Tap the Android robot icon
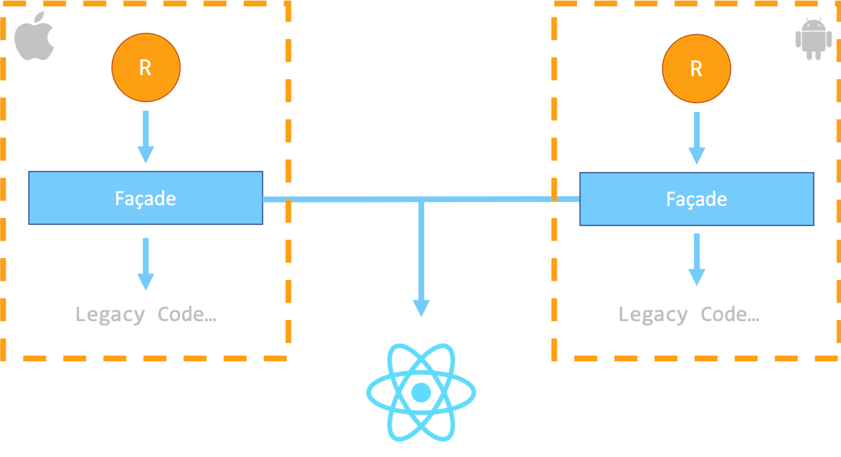point(814,39)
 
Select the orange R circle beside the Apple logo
point(146,68)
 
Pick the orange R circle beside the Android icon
point(696,69)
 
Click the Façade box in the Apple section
point(146,198)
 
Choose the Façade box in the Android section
point(696,199)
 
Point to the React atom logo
point(421,393)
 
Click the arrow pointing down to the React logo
point(421,258)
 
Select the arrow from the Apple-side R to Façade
point(146,136)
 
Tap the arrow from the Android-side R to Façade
point(696,138)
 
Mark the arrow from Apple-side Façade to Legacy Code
point(146,264)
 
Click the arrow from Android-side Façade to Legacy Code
point(696,259)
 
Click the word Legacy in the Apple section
point(110,315)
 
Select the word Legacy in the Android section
point(653,315)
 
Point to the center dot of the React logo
point(421,393)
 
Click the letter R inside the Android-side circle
point(696,69)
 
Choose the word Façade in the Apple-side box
point(146,198)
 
